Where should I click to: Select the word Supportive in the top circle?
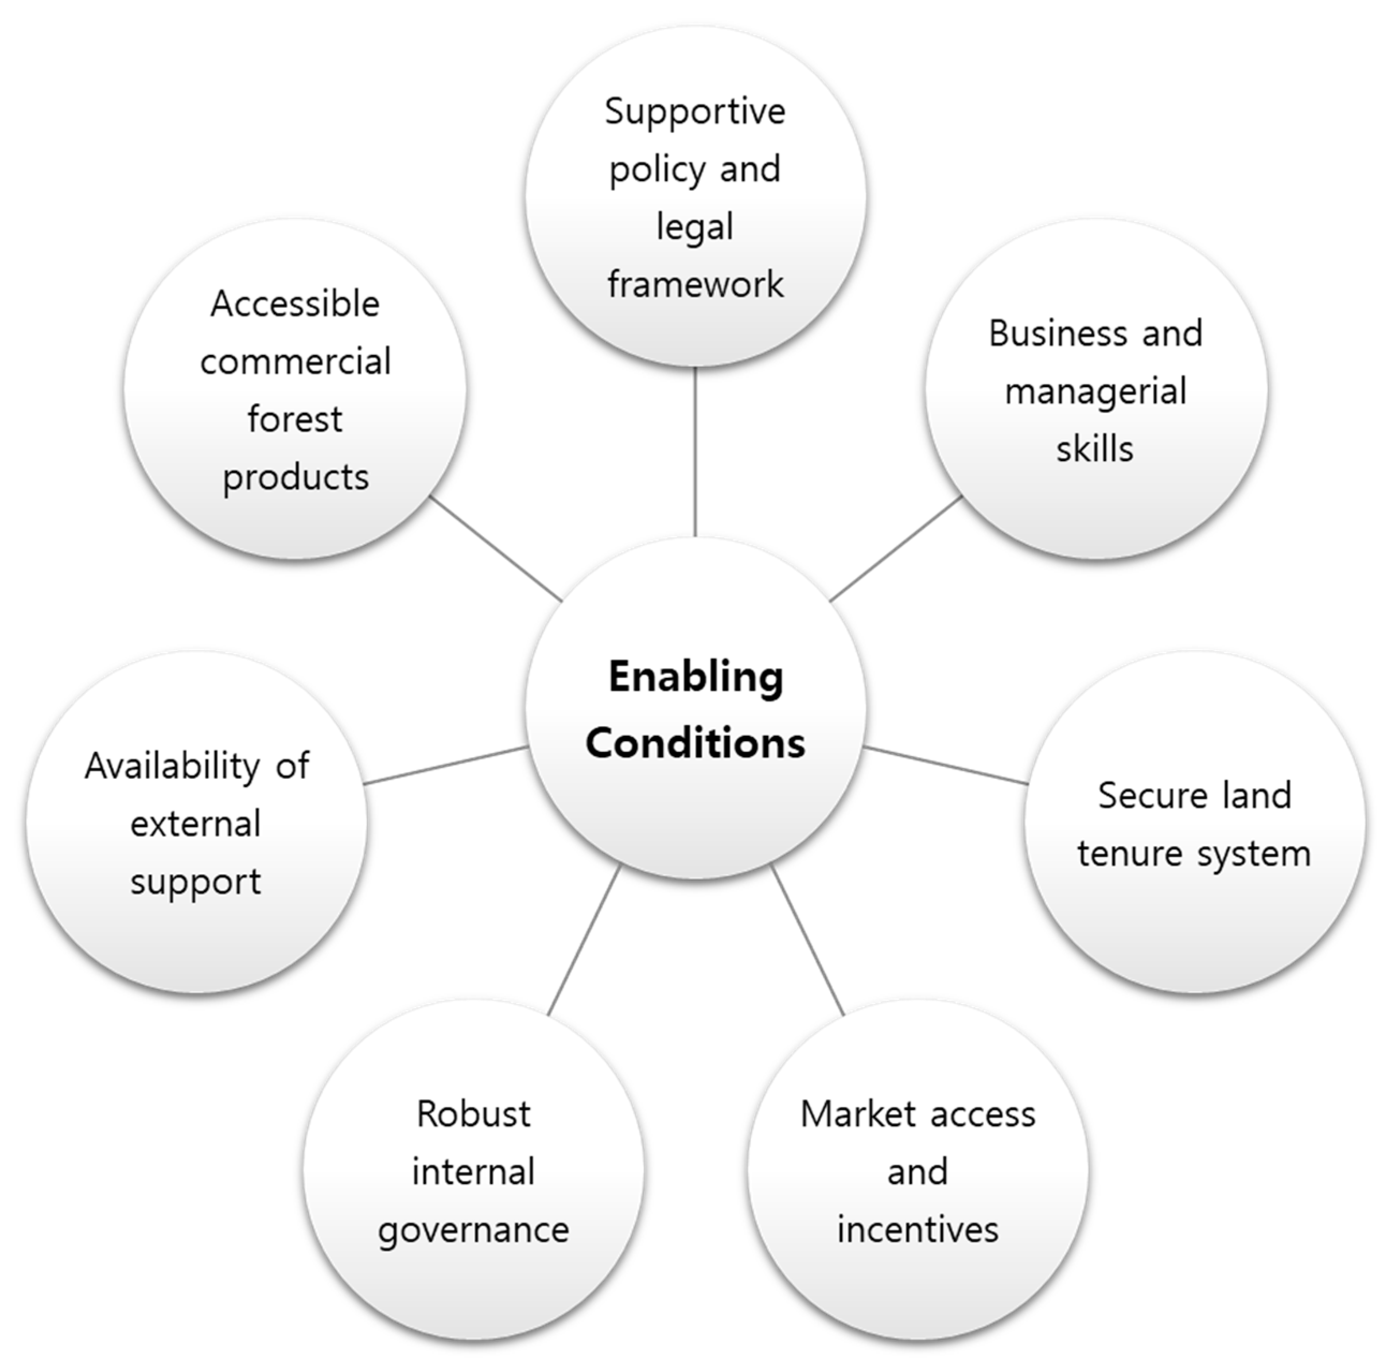[x=695, y=112]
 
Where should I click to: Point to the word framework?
[x=695, y=284]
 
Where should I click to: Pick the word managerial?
[x=1096, y=392]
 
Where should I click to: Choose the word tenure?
[x=1130, y=854]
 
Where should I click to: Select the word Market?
[x=858, y=1115]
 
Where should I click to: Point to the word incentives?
[x=918, y=1230]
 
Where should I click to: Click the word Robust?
[x=474, y=1115]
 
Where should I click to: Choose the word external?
[x=195, y=824]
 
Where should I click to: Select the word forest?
[x=295, y=420]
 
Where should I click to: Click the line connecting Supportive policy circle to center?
[x=695, y=452]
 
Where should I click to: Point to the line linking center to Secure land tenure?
[x=946, y=765]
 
